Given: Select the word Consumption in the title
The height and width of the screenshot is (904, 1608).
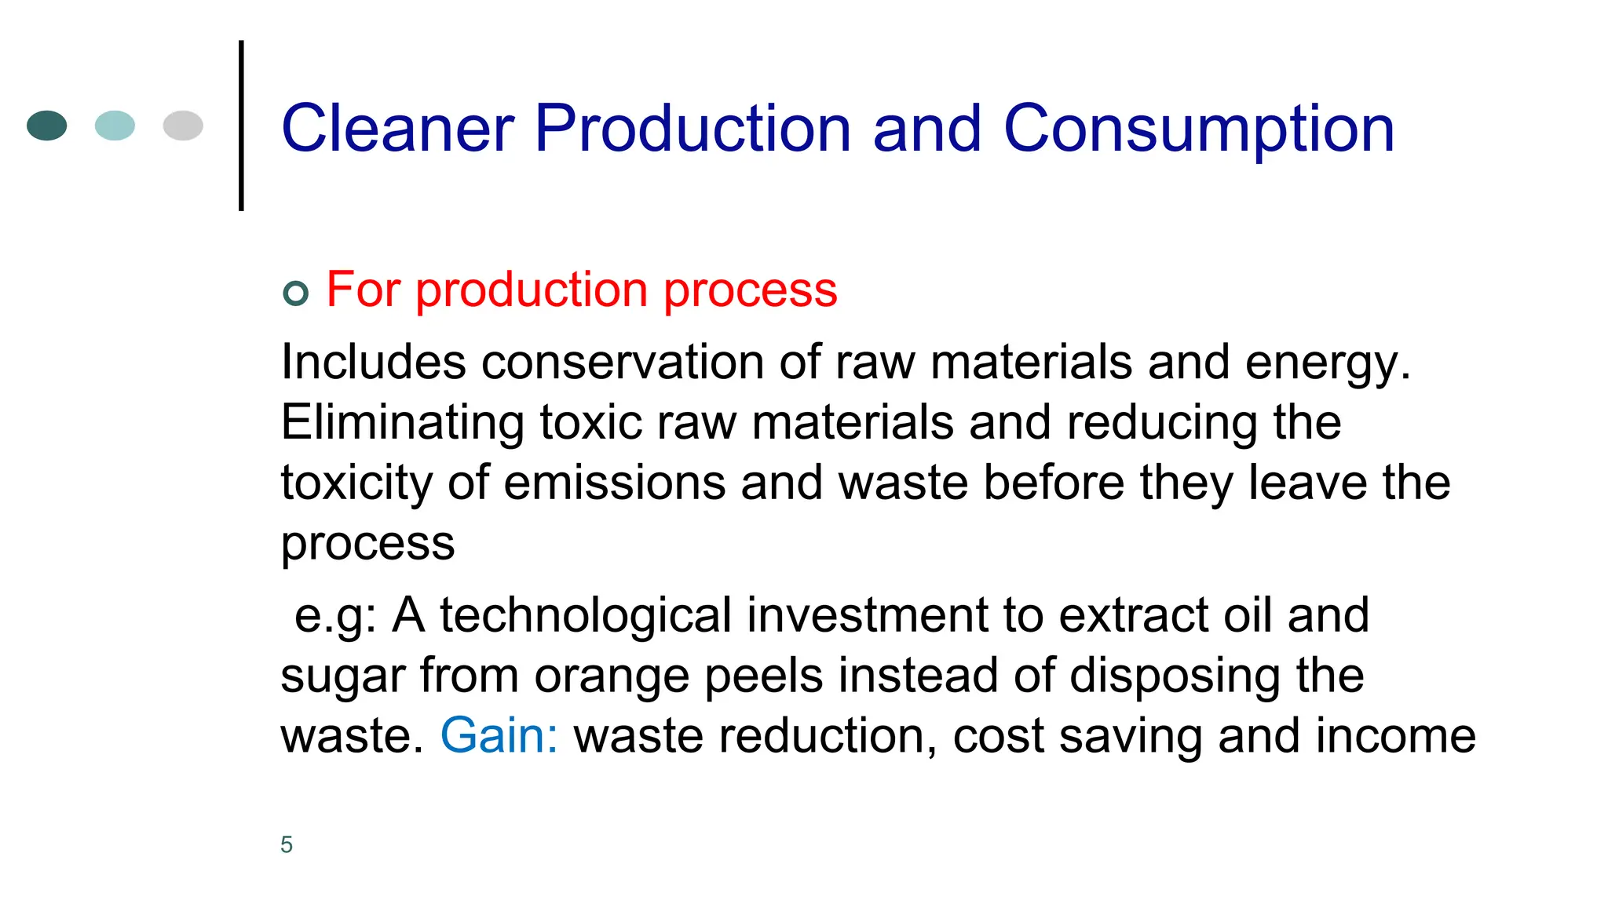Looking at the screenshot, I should pyautogui.click(x=1199, y=129).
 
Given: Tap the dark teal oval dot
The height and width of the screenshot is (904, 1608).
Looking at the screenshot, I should pyautogui.click(x=47, y=126).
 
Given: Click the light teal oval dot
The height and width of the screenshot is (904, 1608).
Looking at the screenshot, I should pyautogui.click(x=115, y=126).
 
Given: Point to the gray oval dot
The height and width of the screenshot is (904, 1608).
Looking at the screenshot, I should pyautogui.click(x=183, y=126).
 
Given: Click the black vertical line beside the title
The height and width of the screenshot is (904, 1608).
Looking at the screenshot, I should pyautogui.click(x=241, y=126).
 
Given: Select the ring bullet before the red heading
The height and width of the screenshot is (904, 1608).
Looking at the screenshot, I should pyautogui.click(x=295, y=293).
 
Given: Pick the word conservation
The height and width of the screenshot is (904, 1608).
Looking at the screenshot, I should pyautogui.click(x=623, y=362).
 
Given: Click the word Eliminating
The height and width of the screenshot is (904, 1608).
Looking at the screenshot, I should pyautogui.click(x=402, y=422).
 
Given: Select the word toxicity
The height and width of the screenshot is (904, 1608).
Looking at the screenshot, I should pyautogui.click(x=356, y=483).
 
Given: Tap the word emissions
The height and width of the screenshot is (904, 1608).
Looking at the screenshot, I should pyautogui.click(x=614, y=482).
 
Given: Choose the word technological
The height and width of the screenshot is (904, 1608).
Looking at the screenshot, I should pyautogui.click(x=586, y=614).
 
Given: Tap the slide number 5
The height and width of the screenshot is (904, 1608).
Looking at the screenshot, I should pyautogui.click(x=287, y=844).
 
